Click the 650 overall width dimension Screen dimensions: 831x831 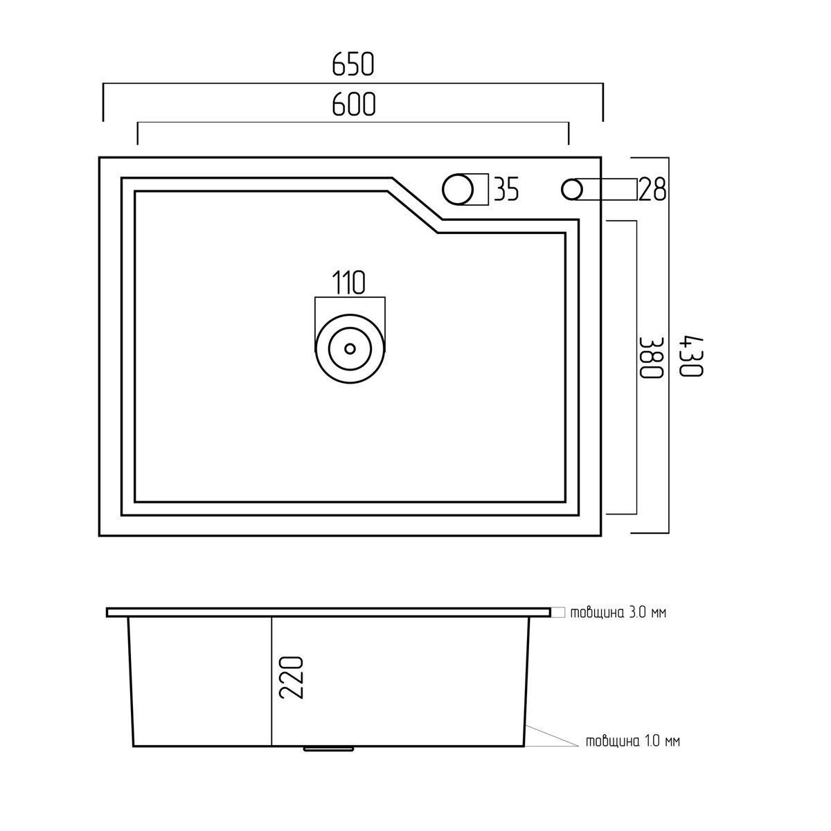(352, 64)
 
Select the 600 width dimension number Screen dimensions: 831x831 (354, 104)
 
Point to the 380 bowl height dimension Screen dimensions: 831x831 (650, 357)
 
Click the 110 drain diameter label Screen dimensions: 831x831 (349, 283)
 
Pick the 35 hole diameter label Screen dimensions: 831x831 (506, 189)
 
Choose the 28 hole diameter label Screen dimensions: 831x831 (652, 189)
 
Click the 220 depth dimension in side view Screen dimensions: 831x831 (292, 683)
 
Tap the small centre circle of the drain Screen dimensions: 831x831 (350, 348)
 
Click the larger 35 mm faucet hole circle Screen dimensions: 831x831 (458, 189)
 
